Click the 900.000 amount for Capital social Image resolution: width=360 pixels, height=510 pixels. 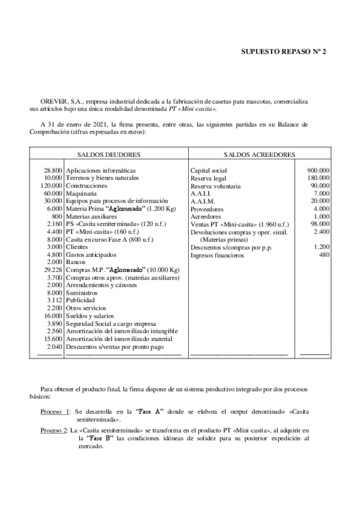click(318, 170)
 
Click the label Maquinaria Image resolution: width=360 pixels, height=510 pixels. click(80, 194)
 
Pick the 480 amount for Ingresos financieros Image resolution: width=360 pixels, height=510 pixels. click(324, 255)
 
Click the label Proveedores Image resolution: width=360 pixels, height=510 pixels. click(206, 209)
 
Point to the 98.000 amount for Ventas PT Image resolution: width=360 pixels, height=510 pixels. click(319, 224)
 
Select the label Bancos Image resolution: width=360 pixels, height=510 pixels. click(75, 262)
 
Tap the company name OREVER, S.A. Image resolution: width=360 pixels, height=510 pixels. click(61, 102)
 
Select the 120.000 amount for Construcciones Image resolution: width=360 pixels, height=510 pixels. click(52, 186)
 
